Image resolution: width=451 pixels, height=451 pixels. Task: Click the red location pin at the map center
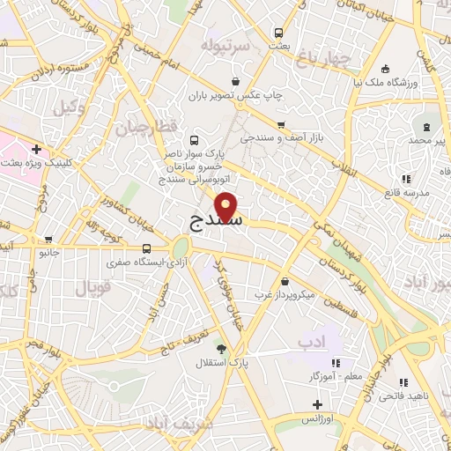click(226, 206)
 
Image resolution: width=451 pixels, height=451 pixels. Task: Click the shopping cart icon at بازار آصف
click(281, 124)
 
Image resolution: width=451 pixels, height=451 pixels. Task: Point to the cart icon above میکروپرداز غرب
click(284, 281)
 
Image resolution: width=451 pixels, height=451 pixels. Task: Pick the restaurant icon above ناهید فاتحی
click(403, 383)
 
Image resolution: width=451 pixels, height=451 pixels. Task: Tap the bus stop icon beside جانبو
click(48, 239)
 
